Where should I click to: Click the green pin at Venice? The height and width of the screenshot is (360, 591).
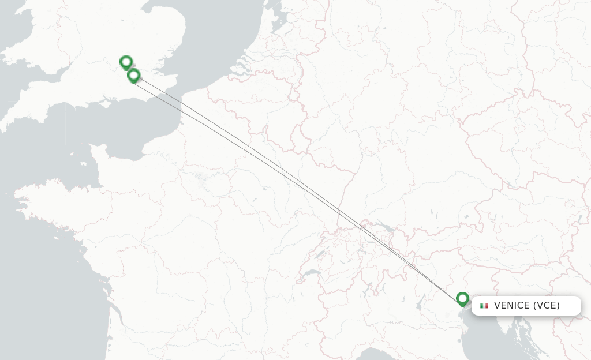click(x=462, y=299)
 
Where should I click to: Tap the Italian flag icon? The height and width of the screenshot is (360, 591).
click(x=484, y=306)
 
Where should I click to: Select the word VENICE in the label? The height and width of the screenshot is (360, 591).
click(x=511, y=306)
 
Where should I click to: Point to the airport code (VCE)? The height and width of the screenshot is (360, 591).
click(x=546, y=306)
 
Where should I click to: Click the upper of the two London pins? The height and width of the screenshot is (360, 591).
click(x=126, y=62)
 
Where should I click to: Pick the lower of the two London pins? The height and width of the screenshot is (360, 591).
click(x=133, y=75)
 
